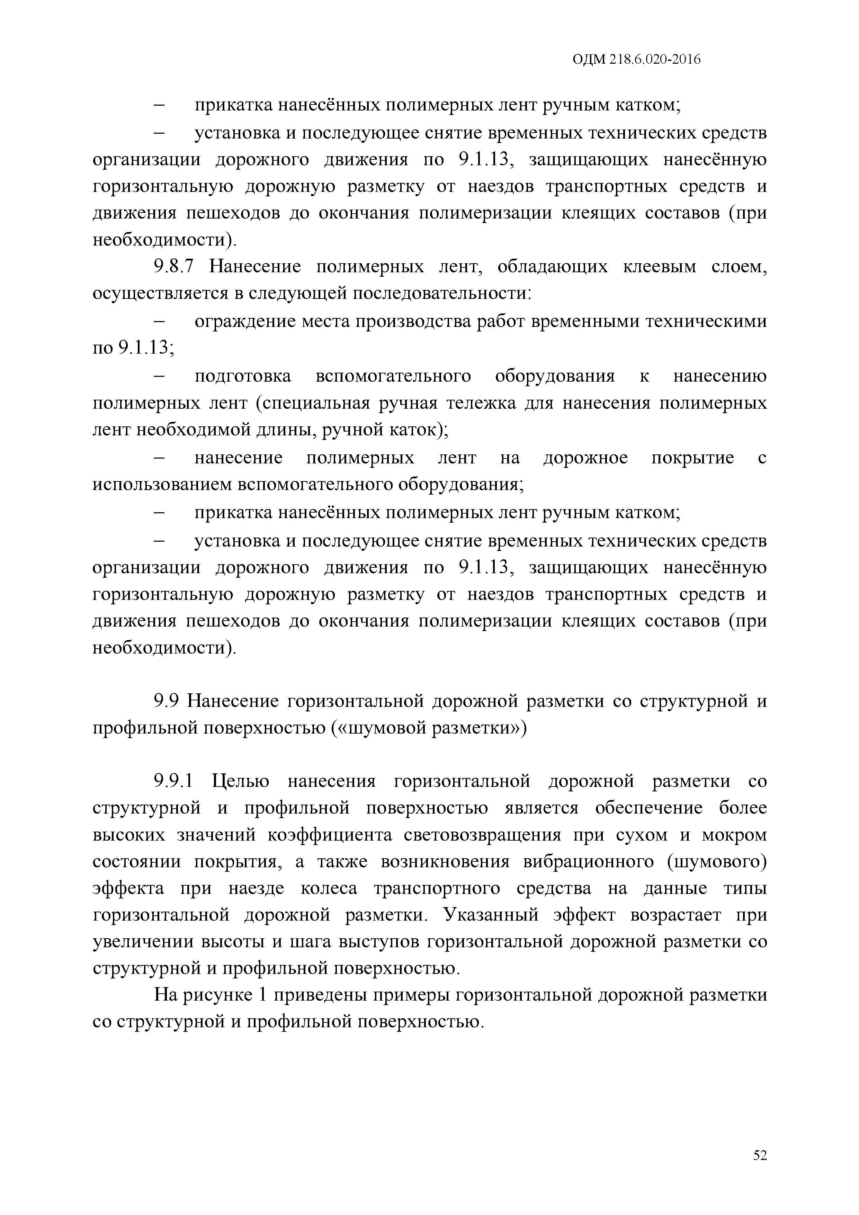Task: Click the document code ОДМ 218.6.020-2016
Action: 637,60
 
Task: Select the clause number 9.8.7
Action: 175,267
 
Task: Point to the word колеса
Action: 329,888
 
